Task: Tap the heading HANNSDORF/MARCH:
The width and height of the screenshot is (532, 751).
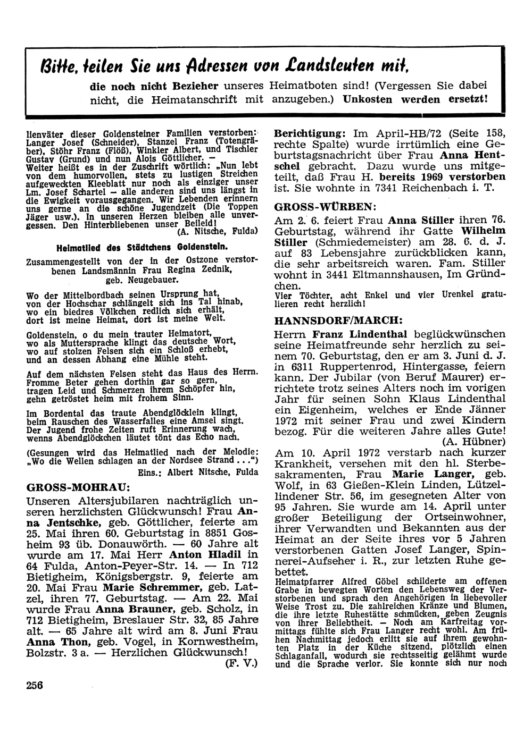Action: pyautogui.click(x=338, y=320)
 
